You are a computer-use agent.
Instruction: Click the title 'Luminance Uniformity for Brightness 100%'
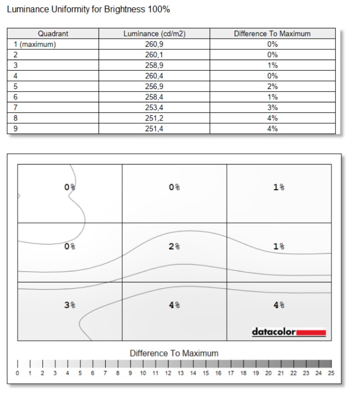click(x=88, y=9)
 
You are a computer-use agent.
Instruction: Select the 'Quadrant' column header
click(x=53, y=34)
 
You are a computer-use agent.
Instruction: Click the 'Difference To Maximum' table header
click(x=272, y=34)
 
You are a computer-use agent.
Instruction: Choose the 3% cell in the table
click(x=272, y=108)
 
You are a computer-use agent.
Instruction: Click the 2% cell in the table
click(x=272, y=87)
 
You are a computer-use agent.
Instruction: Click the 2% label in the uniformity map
click(x=174, y=246)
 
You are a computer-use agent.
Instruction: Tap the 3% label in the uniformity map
click(x=70, y=305)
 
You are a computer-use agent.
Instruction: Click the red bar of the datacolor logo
click(x=311, y=332)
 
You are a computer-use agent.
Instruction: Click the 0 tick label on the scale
click(x=17, y=373)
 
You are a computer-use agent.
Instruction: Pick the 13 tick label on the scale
click(x=180, y=373)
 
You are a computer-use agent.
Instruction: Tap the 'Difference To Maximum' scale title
click(x=174, y=353)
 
